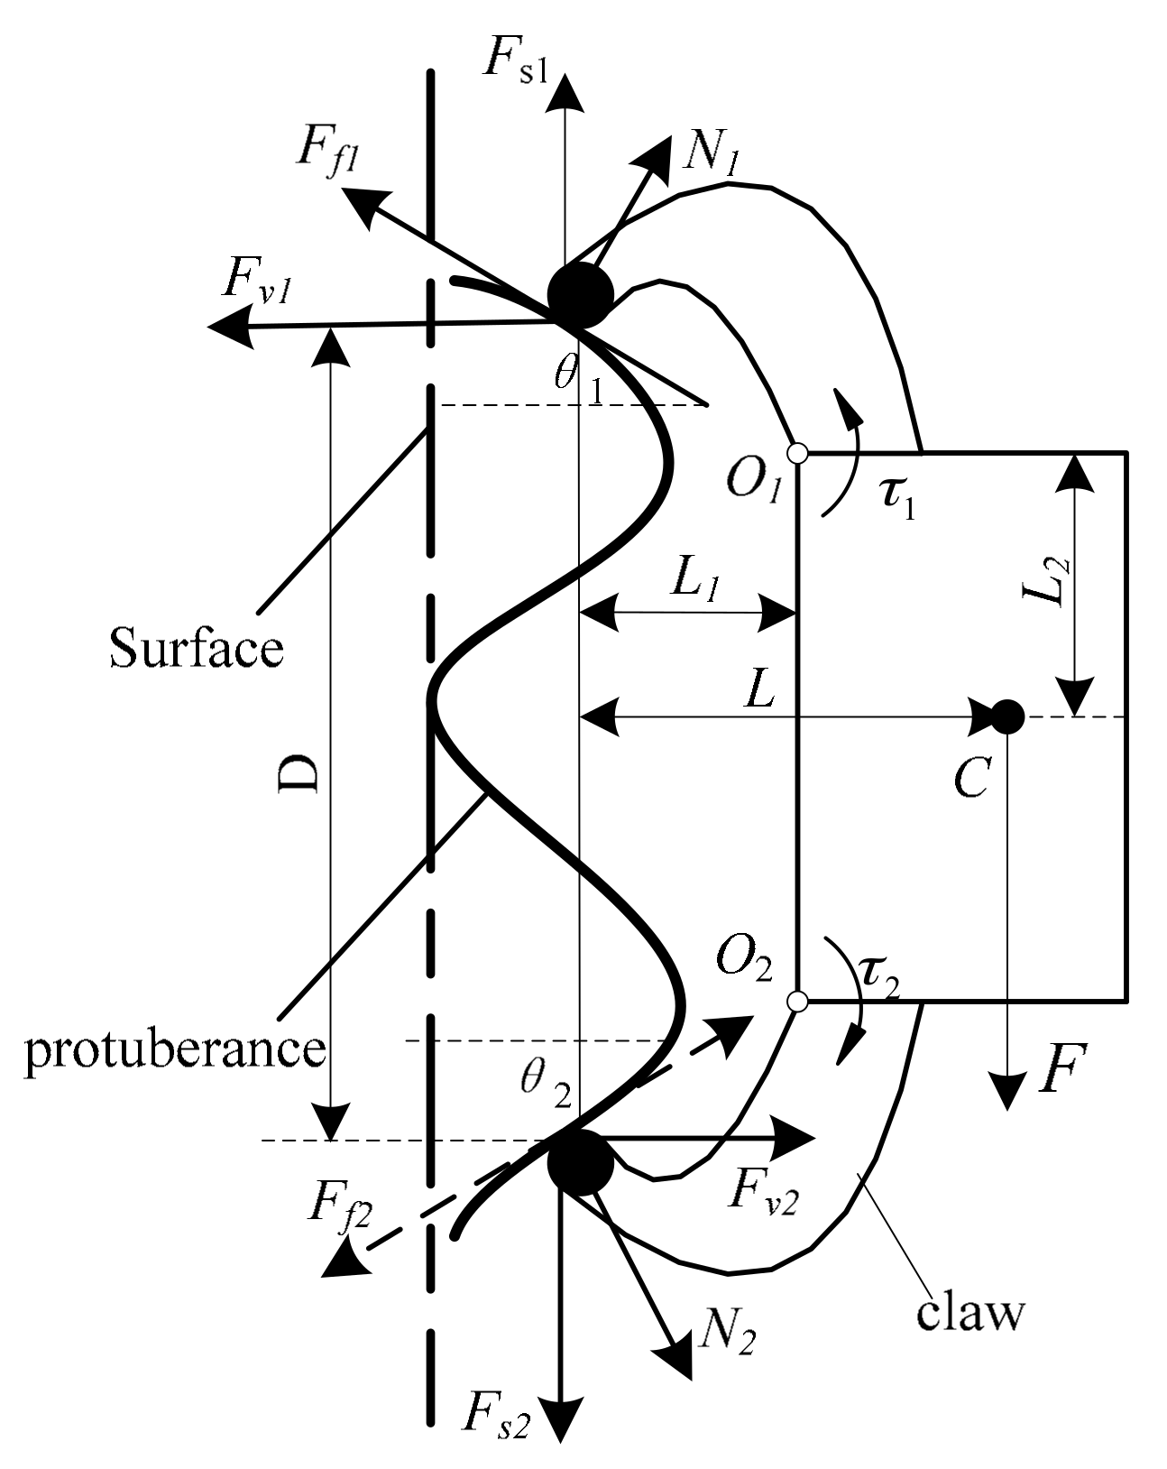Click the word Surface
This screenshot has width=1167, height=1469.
pos(197,648)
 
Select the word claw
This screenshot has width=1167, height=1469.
pos(971,1315)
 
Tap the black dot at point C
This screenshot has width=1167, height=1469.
pos(1006,717)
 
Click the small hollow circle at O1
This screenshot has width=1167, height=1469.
pos(796,452)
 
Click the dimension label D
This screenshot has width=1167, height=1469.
pos(296,774)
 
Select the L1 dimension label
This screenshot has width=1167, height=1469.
pos(700,583)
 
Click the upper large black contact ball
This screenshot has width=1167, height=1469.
pos(580,296)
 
